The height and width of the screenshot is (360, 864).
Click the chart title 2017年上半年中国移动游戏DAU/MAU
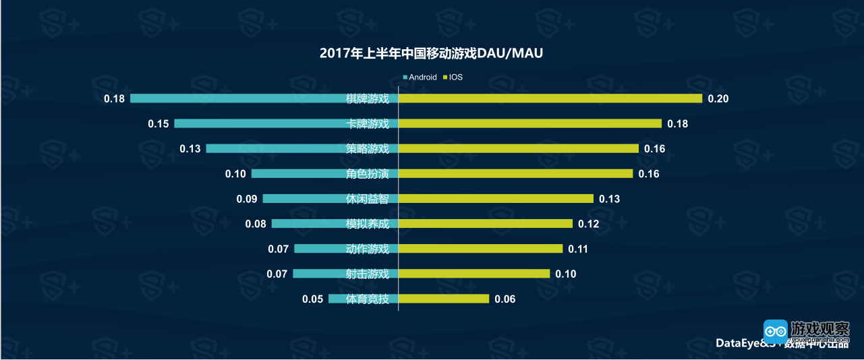pos(432,54)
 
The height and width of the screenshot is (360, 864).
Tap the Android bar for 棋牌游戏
pos(236,98)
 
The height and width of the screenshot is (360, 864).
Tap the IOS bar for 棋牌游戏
pos(550,98)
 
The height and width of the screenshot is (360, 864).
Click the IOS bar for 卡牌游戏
pos(530,123)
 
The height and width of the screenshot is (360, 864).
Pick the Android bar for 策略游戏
pos(273,148)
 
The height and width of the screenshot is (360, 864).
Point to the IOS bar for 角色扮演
pos(516,173)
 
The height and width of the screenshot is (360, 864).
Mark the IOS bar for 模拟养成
pos(486,224)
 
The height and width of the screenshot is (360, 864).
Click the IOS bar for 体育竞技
pos(444,299)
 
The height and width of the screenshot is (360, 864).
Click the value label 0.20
pos(718,99)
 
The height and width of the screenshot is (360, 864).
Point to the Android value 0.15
pos(158,124)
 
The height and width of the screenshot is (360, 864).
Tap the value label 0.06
pos(505,299)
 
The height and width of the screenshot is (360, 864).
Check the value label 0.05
pos(313,299)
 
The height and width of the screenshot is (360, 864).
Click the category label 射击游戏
pos(368,274)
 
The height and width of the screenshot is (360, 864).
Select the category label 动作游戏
pos(368,249)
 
